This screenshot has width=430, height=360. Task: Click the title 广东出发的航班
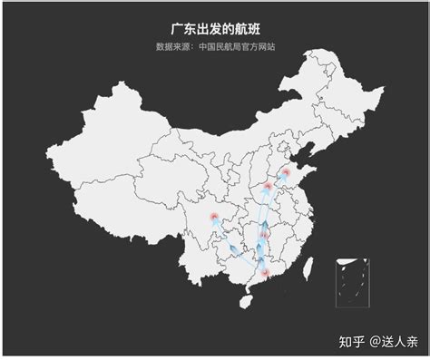[215, 29]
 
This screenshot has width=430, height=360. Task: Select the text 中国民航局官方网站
[238, 46]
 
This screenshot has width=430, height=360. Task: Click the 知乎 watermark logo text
[351, 342]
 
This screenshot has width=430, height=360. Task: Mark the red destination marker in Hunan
[264, 236]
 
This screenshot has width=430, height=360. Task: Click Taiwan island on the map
[307, 266]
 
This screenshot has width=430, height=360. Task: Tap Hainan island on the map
[244, 298]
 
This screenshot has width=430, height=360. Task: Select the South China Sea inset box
[353, 281]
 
